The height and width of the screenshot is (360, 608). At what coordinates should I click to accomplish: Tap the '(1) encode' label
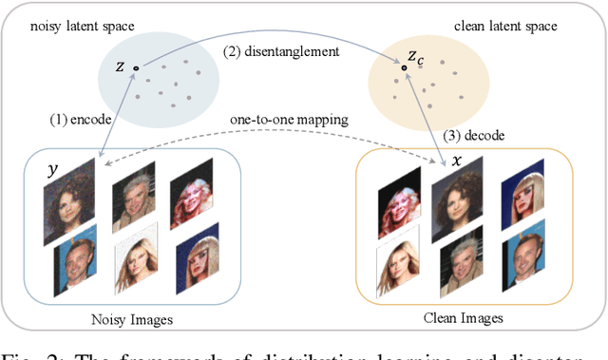[x=81, y=121]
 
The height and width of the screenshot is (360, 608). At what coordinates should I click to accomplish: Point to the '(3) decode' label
[x=482, y=136]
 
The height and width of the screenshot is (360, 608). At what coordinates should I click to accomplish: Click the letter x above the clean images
[x=457, y=161]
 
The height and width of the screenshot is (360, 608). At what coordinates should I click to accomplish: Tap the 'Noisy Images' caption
[x=138, y=319]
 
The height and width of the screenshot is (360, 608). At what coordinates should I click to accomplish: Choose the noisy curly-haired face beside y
[x=70, y=202]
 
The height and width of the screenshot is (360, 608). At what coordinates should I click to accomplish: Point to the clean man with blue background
[x=523, y=267]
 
